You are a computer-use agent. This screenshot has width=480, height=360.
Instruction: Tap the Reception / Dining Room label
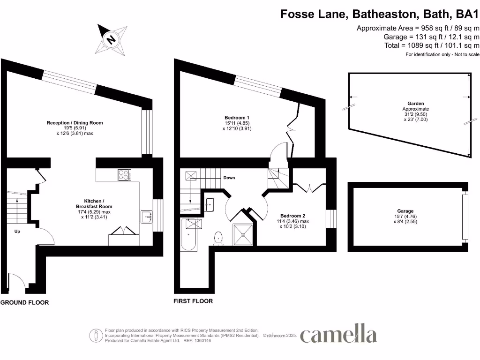coord(75,123)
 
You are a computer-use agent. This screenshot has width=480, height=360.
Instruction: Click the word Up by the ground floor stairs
coord(17,232)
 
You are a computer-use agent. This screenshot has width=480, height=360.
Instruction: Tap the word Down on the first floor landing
coord(229,178)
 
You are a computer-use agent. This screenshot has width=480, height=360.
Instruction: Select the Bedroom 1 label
coord(237,118)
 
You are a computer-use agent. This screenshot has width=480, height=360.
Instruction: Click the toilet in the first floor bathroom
coord(218,238)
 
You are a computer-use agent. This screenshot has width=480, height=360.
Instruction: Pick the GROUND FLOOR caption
coord(24,302)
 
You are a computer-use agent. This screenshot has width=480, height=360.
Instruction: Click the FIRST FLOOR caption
coord(193,301)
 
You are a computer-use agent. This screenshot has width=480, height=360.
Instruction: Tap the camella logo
coord(338,334)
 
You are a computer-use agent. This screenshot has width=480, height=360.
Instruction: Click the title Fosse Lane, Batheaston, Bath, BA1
coord(380,14)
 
